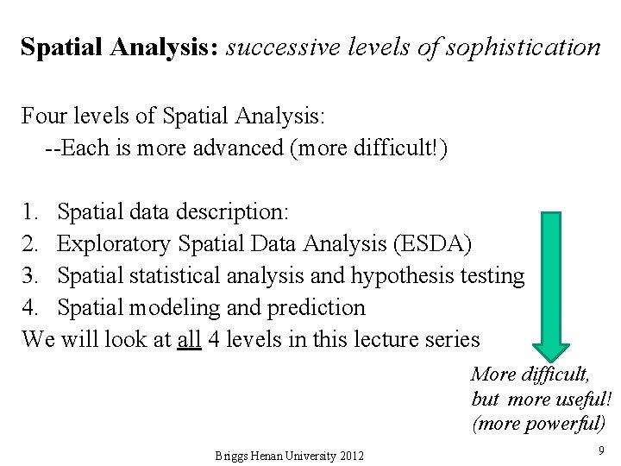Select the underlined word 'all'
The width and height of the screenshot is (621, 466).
[x=189, y=339]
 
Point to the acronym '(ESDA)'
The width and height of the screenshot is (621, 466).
[x=431, y=244]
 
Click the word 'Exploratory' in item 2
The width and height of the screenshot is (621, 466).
[x=114, y=244]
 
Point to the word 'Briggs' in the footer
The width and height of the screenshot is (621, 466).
[x=231, y=456]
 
